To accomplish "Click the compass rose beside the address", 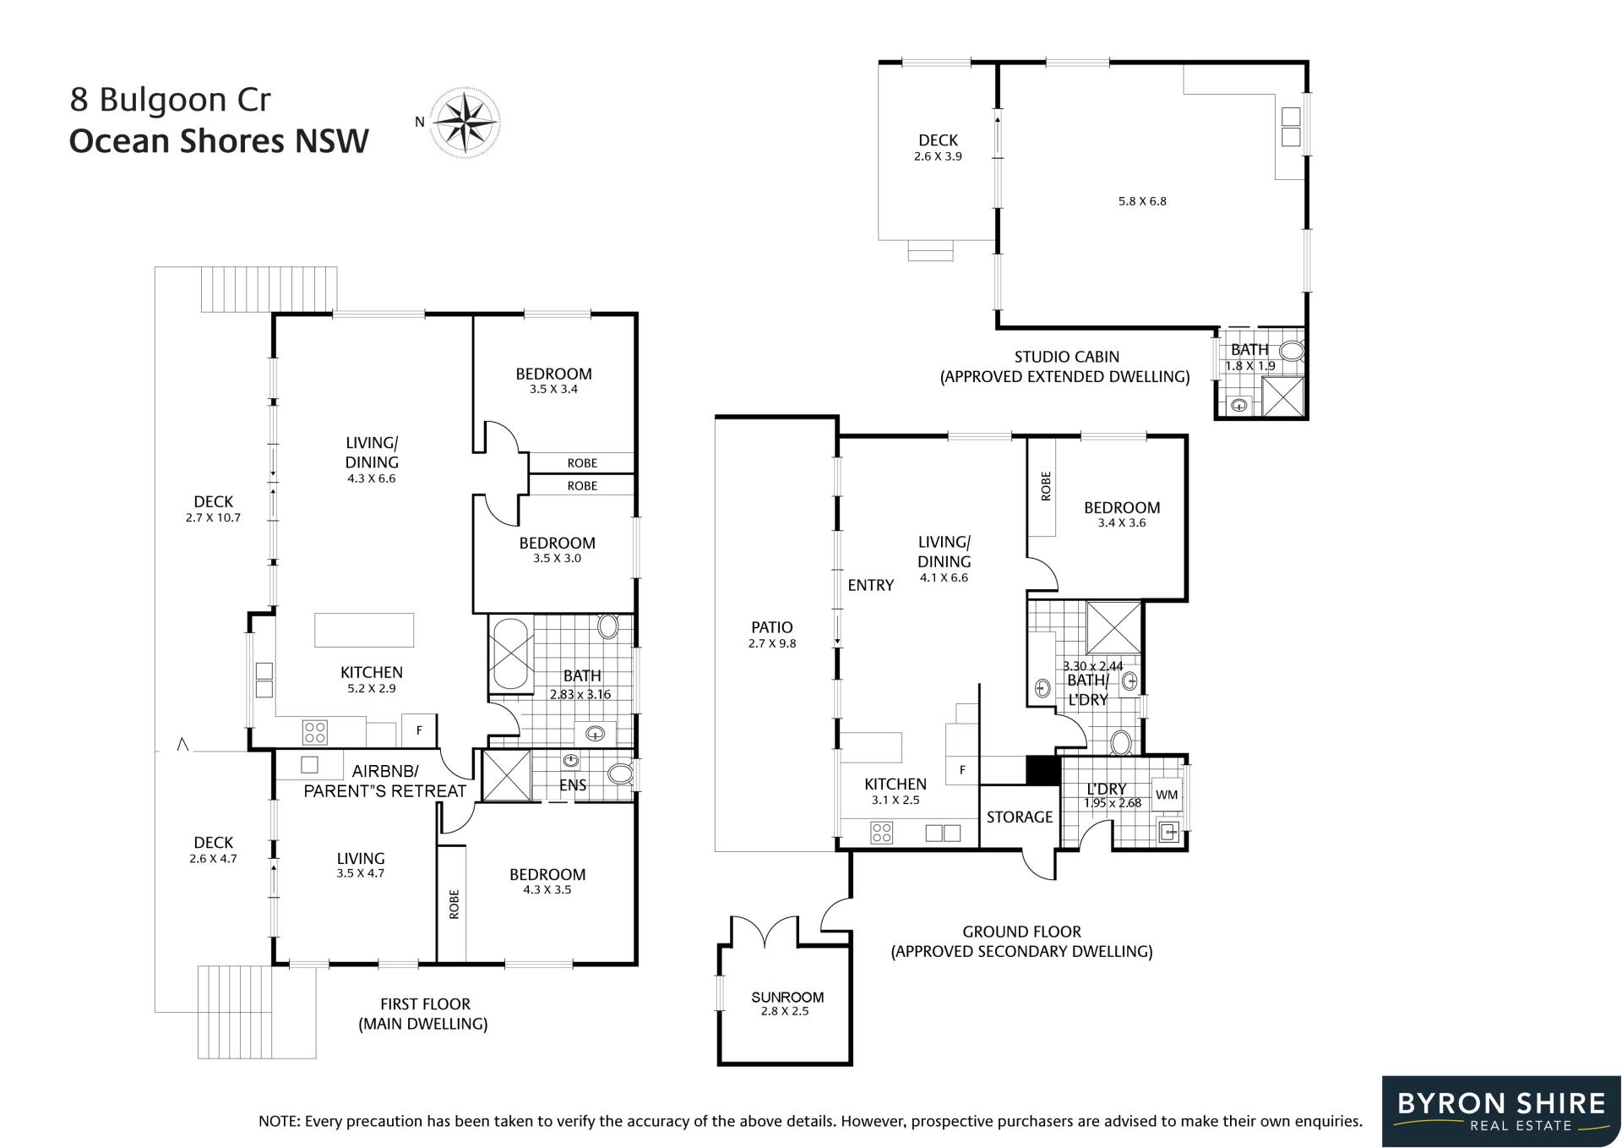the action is point(464,123).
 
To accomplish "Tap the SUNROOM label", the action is point(787,997).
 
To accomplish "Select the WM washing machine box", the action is point(1167,795).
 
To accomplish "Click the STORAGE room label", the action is point(1020,817).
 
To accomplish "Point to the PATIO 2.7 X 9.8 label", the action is point(772,634).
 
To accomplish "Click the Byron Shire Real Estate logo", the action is point(1501,1111).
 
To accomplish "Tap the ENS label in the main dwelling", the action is point(573,785).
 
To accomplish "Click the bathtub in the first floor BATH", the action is point(509,655).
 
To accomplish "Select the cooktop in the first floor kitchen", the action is point(315,731).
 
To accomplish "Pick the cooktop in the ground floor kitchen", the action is point(882,833).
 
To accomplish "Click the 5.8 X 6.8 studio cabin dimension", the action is point(1142,201).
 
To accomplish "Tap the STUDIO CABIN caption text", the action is point(1067,357).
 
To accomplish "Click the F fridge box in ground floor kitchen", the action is point(962,769).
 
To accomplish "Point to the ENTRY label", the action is point(870,585).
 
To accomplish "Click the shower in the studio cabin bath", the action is point(1282,396).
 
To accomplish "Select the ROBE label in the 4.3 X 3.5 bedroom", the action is point(454,904).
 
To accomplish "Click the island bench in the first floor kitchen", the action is point(364,630).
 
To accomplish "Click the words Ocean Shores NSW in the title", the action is point(219,141).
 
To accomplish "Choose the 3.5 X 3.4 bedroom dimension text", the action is point(553,390).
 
